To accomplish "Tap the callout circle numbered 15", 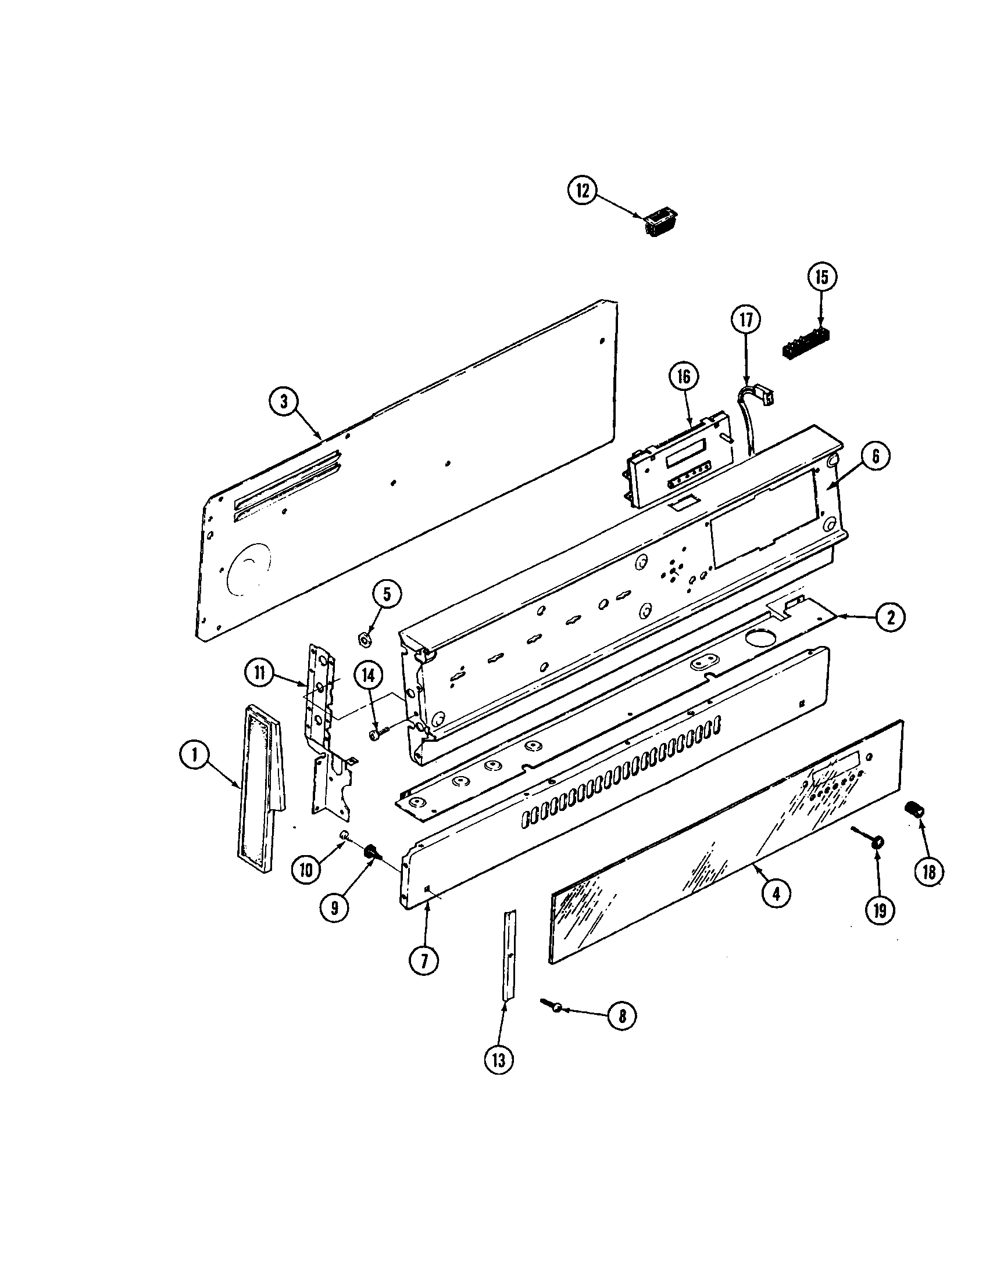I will pyautogui.click(x=822, y=277).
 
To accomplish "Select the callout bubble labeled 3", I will pyautogui.click(x=284, y=403).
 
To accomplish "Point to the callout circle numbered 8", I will pyautogui.click(x=622, y=1016).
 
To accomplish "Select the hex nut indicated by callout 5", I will pyautogui.click(x=363, y=640).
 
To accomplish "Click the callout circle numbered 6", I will pyautogui.click(x=876, y=456).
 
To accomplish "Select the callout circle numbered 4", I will pyautogui.click(x=775, y=893).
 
